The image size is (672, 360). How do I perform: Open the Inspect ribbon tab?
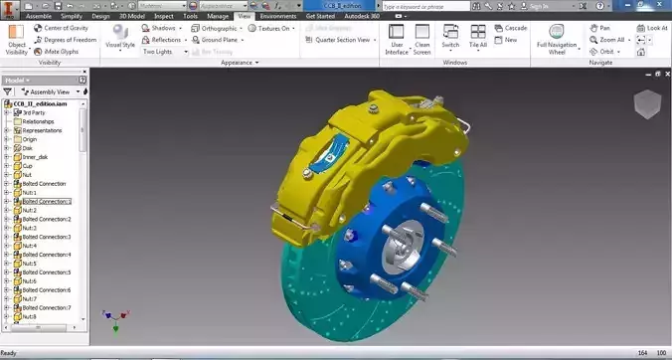164,17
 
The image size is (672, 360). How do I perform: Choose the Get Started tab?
320,17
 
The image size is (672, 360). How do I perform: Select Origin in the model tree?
31,139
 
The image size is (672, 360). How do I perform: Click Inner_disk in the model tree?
36,157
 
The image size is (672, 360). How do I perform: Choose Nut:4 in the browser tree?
29,246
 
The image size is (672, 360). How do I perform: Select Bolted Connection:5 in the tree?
47,271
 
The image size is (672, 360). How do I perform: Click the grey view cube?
646,103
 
